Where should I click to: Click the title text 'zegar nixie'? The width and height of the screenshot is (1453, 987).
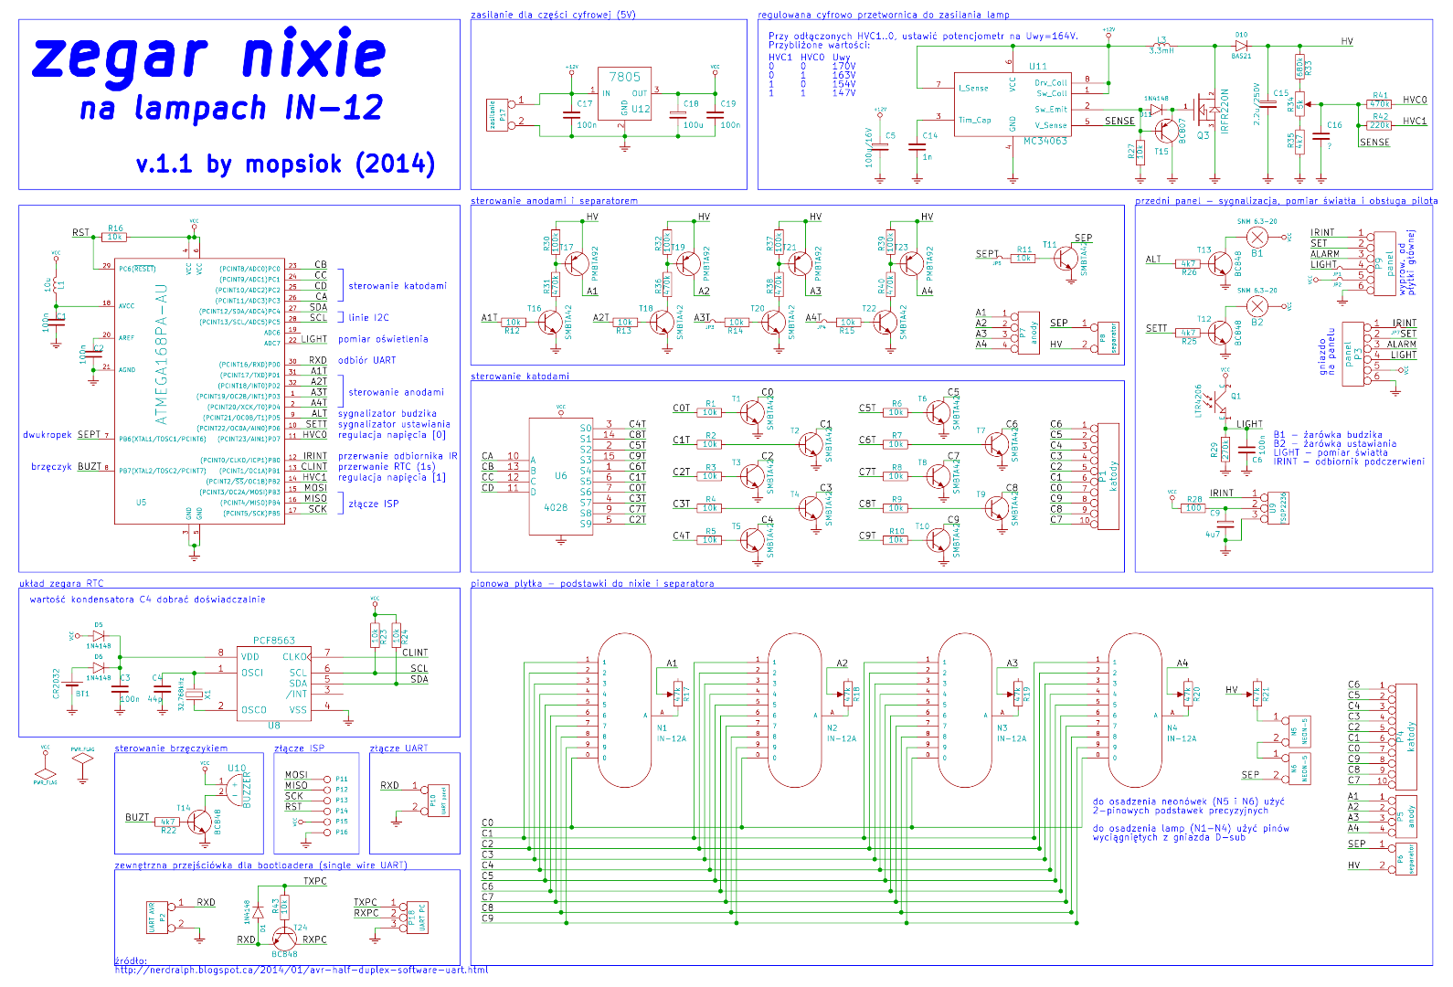[208, 57]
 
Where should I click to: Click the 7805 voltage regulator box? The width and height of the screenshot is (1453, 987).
[625, 94]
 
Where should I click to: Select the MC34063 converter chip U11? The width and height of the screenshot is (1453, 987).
[1011, 103]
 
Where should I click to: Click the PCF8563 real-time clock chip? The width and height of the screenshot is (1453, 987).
[274, 681]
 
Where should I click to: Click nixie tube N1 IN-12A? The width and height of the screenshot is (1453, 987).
[625, 710]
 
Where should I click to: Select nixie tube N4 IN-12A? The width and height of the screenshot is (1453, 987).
[1135, 710]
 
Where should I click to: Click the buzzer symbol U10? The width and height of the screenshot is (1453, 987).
[235, 788]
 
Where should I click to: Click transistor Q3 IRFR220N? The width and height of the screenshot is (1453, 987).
[1204, 110]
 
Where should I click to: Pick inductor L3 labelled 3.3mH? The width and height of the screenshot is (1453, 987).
[1161, 45]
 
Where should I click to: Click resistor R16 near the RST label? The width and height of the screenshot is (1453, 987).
[114, 237]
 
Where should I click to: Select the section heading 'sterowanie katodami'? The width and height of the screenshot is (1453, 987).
[520, 377]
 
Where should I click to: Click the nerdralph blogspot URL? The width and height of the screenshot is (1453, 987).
[302, 970]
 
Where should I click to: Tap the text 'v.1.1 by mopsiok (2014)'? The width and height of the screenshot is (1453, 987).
[285, 164]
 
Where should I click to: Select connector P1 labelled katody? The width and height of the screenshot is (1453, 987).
[1108, 476]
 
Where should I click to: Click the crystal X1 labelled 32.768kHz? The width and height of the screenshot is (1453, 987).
[194, 695]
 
